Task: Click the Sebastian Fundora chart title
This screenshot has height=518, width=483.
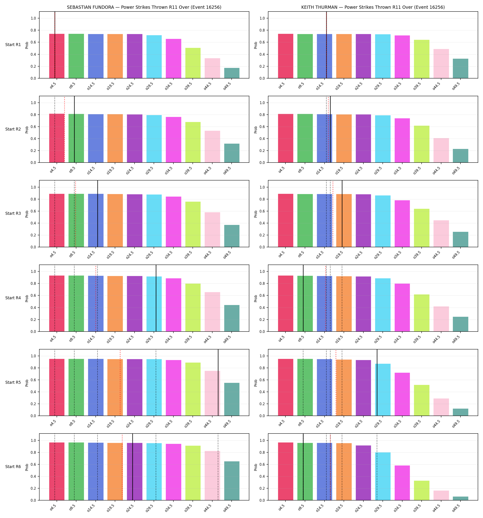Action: pyautogui.click(x=144, y=7)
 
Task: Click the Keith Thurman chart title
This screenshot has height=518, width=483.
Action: pyautogui.click(x=373, y=7)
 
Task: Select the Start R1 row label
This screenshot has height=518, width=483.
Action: pyautogui.click(x=13, y=45)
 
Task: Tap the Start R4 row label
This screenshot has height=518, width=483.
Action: pyautogui.click(x=13, y=298)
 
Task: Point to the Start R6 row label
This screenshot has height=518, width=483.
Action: pyautogui.click(x=13, y=467)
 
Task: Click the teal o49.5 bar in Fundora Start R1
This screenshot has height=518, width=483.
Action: pyautogui.click(x=232, y=73)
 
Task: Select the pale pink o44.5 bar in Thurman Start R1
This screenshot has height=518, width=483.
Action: pyautogui.click(x=441, y=64)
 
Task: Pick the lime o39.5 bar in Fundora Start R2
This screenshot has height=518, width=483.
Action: pyautogui.click(x=193, y=142)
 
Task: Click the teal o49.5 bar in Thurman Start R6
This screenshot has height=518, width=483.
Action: pyautogui.click(x=461, y=498)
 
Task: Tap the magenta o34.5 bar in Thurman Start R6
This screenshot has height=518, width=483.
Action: pyautogui.click(x=402, y=483)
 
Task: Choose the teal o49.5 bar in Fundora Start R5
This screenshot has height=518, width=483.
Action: pyautogui.click(x=232, y=399)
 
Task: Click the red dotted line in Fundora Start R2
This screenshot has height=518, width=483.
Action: pyautogui.click(x=65, y=129)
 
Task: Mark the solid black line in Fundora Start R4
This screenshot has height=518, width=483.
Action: pyautogui.click(x=156, y=298)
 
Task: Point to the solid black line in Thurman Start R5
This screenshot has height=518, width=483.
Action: pyautogui.click(x=377, y=382)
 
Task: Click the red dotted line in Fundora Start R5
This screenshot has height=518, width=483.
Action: pyautogui.click(x=120, y=382)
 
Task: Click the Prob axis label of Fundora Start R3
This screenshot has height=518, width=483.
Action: pyautogui.click(x=27, y=214)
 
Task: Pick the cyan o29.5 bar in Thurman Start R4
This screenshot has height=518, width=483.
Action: pyautogui.click(x=383, y=305)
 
